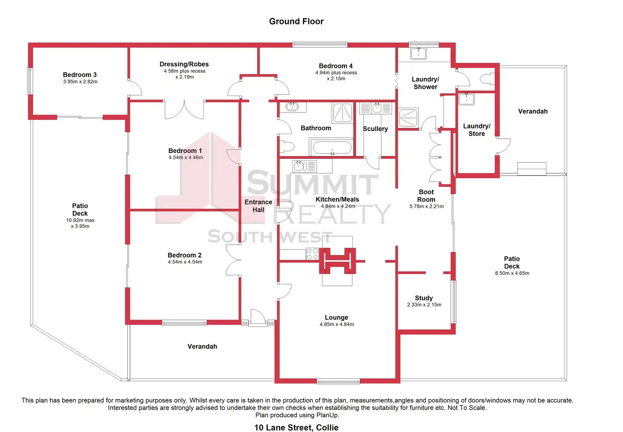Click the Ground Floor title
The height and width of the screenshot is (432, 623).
[296, 22]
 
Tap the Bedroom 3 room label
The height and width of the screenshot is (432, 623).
[80, 75]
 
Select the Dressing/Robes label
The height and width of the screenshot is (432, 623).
[184, 64]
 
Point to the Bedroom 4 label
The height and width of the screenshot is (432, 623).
[336, 66]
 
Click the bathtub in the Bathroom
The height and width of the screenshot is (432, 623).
[332, 148]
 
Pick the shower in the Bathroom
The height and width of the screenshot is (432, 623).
[342, 113]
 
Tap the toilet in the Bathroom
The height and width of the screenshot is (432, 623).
[287, 147]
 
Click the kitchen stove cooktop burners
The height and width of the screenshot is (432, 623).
[312, 254]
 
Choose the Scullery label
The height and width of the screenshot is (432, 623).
[375, 129]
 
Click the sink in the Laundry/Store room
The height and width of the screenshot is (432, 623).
[466, 99]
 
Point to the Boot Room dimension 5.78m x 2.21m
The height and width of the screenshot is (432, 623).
[426, 206]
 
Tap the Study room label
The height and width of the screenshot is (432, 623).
[424, 298]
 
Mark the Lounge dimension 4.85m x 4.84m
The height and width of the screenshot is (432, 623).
[336, 324]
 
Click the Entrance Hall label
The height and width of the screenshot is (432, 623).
[258, 206]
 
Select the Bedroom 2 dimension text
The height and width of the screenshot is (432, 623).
[185, 262]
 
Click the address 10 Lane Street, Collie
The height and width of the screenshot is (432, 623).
[296, 427]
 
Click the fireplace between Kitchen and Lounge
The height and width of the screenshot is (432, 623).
[337, 261]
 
